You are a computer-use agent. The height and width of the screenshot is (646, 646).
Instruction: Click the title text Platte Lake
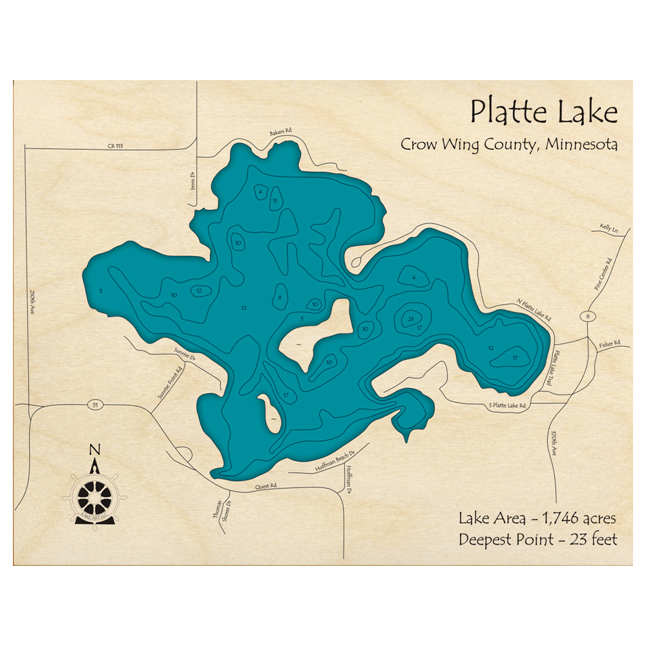click(543, 112)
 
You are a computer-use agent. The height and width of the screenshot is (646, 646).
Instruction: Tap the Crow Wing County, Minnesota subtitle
click(508, 144)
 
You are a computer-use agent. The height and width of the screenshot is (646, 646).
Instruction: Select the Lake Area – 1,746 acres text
click(537, 518)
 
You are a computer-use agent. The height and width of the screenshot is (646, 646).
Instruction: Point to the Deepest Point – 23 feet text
click(537, 539)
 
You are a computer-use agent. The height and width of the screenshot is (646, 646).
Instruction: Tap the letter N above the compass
click(95, 450)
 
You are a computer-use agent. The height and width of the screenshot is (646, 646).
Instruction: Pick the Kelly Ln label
click(609, 229)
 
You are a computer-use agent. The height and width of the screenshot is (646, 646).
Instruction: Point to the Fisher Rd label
click(609, 342)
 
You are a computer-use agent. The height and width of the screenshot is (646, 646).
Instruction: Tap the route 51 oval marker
click(95, 404)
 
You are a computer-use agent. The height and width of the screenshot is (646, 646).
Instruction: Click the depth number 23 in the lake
click(411, 318)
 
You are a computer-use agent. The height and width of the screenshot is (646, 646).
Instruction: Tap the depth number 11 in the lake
click(275, 201)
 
